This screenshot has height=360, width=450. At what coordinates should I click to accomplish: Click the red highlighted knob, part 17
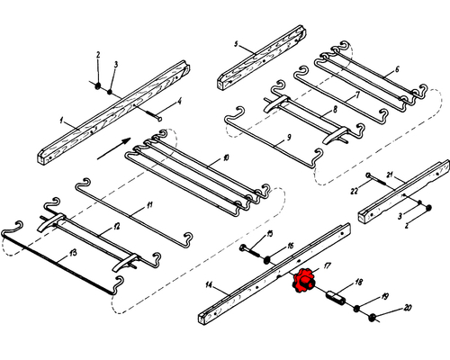coord(303,282)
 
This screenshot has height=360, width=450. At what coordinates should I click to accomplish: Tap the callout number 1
coord(61,121)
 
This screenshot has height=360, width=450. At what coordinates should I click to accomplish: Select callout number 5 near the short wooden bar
coord(236,44)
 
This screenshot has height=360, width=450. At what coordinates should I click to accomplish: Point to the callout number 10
coord(226,157)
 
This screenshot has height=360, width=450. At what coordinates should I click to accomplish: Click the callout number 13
coord(73,253)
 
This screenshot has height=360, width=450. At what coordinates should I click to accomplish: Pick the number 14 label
coord(209,284)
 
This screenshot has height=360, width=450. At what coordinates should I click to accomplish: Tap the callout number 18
coord(358,282)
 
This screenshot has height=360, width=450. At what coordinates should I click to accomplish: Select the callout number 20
coord(407,308)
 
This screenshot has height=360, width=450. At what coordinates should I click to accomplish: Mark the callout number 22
coord(355,191)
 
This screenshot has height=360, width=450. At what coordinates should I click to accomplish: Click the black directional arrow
coord(114,148)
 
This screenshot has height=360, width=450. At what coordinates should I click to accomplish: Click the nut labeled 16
coord(266,260)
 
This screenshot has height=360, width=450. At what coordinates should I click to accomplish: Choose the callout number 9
coord(289,138)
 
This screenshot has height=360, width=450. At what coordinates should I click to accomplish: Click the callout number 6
coord(397,69)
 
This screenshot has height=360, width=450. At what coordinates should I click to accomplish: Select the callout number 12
coord(117,227)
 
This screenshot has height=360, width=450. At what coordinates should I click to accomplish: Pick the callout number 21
coord(390,175)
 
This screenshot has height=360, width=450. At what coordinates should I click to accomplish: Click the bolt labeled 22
coord(376,179)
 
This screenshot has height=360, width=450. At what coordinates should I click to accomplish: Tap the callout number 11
coord(149,205)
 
